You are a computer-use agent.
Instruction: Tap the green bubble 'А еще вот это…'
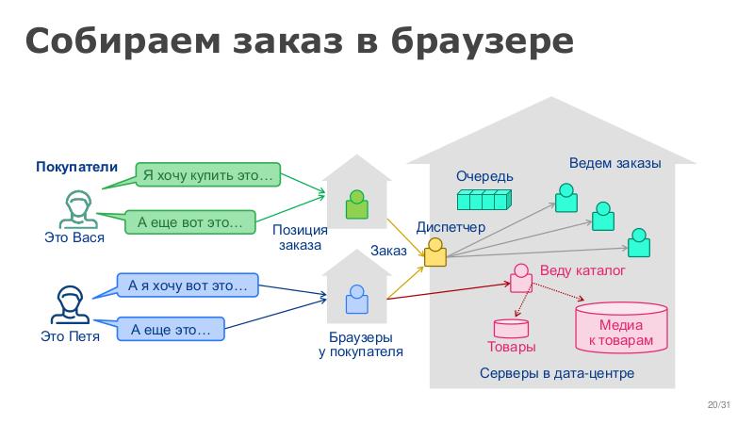190,223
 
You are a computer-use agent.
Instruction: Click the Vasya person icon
76,210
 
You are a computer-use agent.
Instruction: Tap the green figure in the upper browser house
356,204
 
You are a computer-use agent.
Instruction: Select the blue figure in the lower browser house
356,300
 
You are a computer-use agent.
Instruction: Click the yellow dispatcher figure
434,252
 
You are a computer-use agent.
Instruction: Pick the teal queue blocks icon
484,200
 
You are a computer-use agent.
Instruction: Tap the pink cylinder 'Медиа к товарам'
621,326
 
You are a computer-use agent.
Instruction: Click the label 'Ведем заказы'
615,163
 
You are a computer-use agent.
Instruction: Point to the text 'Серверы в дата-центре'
556,374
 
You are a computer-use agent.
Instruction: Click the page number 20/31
719,405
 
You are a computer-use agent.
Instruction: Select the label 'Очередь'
484,176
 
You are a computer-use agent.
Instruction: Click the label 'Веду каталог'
582,271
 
